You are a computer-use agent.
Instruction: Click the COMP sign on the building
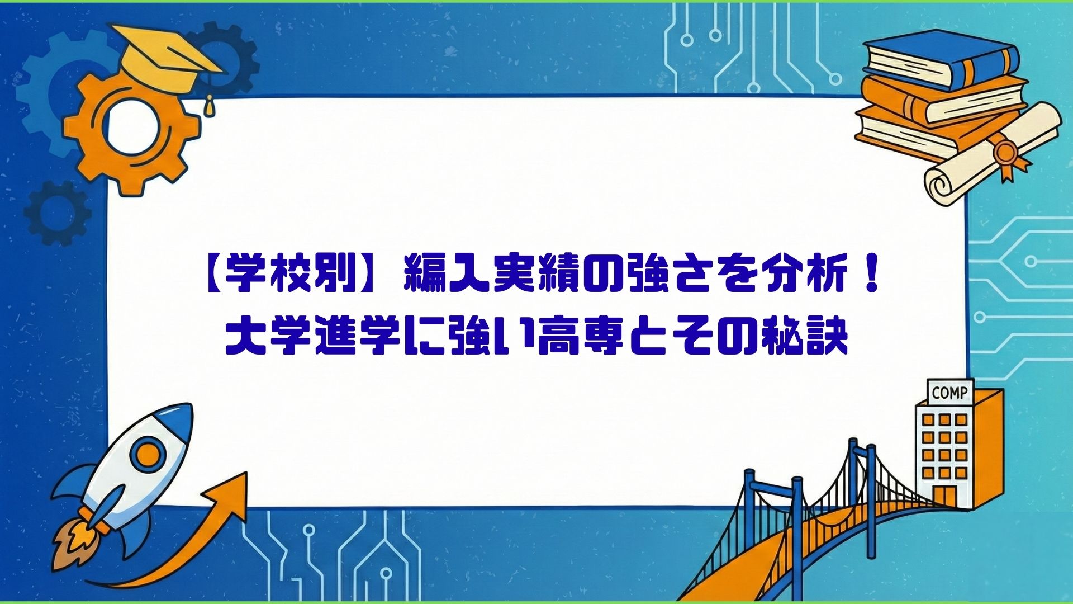click(949, 393)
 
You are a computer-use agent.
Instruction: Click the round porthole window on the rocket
click(147, 454)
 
